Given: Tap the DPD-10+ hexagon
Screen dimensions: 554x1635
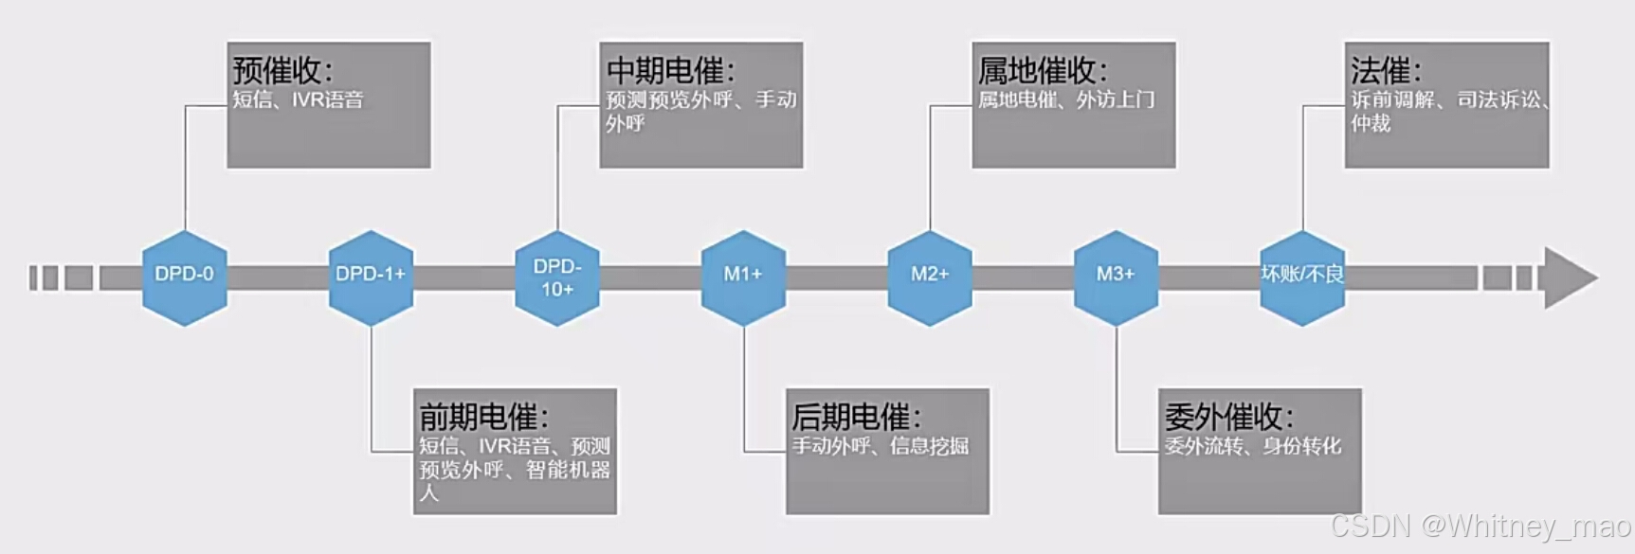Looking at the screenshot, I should pyautogui.click(x=557, y=277).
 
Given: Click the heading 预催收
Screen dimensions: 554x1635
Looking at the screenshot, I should pyautogui.click(x=282, y=70).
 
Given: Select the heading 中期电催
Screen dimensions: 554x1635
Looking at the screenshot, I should pyautogui.click(x=670, y=70).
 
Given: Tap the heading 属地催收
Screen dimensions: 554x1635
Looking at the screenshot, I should pyautogui.click(x=1042, y=70).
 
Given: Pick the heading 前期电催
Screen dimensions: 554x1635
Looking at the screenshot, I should pyautogui.click(x=483, y=417).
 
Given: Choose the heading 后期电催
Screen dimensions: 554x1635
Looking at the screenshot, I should pyautogui.click(x=856, y=417).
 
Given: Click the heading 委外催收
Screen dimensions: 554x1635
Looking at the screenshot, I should pyautogui.click(x=1228, y=417).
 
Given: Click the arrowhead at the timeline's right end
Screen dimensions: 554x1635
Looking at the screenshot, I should pyautogui.click(x=1570, y=277).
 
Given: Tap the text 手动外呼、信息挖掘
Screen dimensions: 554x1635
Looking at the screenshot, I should pyautogui.click(x=881, y=446).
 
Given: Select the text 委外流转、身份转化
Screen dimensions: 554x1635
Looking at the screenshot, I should pyautogui.click(x=1253, y=446).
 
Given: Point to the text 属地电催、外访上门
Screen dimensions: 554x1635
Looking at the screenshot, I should pyautogui.click(x=1066, y=99).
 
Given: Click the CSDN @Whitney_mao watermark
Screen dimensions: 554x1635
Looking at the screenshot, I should pyautogui.click(x=1481, y=527).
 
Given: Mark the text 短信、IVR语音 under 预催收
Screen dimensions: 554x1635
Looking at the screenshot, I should pyautogui.click(x=298, y=99).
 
